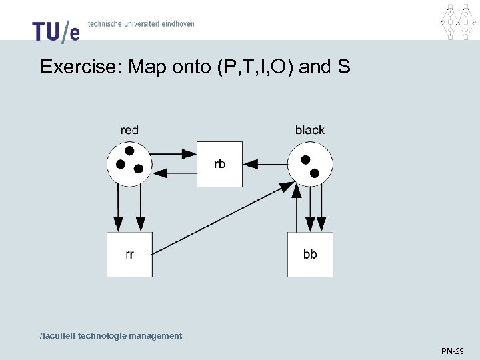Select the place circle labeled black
click(310, 164)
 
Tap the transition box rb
click(219, 164)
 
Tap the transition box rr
click(129, 254)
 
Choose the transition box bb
click(310, 254)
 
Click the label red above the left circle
click(129, 130)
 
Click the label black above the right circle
click(309, 130)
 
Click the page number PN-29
click(452, 351)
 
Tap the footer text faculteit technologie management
click(111, 336)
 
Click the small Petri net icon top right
click(459, 21)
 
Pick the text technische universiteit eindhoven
click(141, 23)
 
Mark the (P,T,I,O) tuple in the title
click(256, 67)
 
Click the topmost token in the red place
click(129, 151)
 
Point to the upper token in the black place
click(305, 160)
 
